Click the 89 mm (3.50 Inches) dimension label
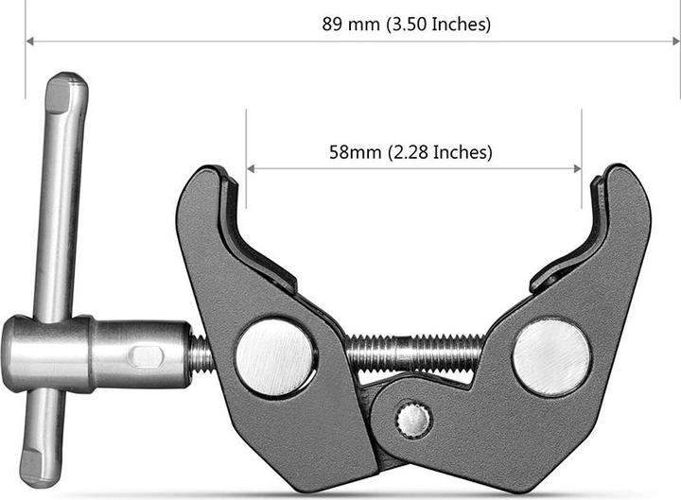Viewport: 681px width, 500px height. point(407,25)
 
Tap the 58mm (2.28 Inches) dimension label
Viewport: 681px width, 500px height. point(411,151)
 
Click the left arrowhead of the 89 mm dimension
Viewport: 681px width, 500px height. point(29,42)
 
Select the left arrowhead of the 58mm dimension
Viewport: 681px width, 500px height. point(251,169)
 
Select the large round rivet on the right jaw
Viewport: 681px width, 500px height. point(551,356)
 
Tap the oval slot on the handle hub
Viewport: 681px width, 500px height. point(146,356)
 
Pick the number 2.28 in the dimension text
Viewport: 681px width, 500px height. point(407,151)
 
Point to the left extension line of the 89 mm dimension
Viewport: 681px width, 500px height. point(26,66)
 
